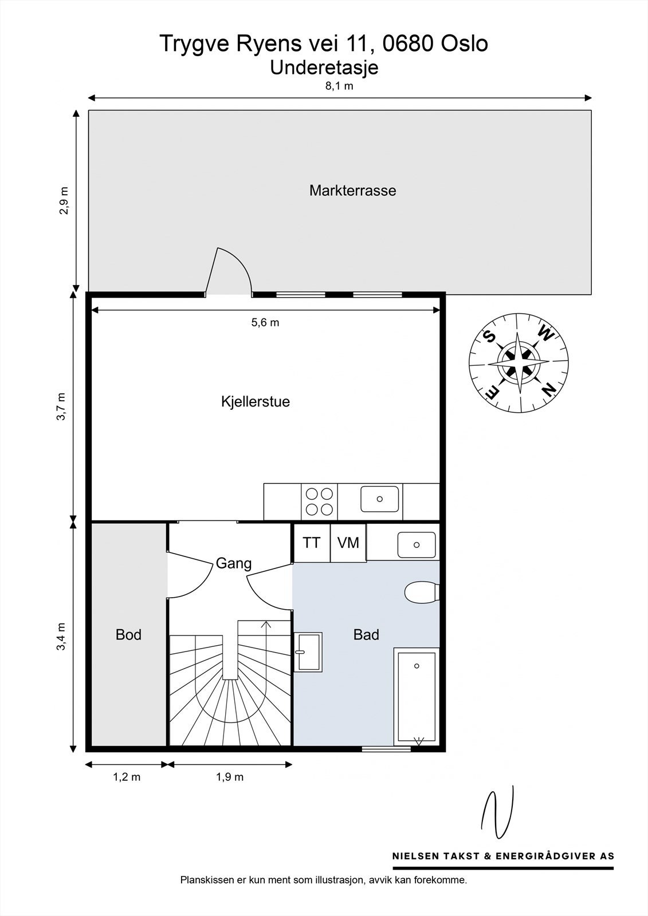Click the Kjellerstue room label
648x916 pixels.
(256, 401)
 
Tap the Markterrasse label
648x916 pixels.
(352, 190)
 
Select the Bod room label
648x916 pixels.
(128, 634)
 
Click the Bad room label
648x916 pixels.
(366, 634)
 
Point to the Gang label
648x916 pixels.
(234, 563)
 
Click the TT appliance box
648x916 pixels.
(312, 542)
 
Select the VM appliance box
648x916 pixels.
(348, 542)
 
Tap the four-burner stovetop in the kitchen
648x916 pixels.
(319, 501)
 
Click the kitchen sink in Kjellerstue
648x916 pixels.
(379, 499)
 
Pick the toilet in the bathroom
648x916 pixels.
(422, 591)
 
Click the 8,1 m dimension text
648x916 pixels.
(339, 86)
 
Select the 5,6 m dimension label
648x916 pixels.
(265, 322)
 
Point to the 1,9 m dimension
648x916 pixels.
(230, 777)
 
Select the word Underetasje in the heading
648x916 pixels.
(324, 67)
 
